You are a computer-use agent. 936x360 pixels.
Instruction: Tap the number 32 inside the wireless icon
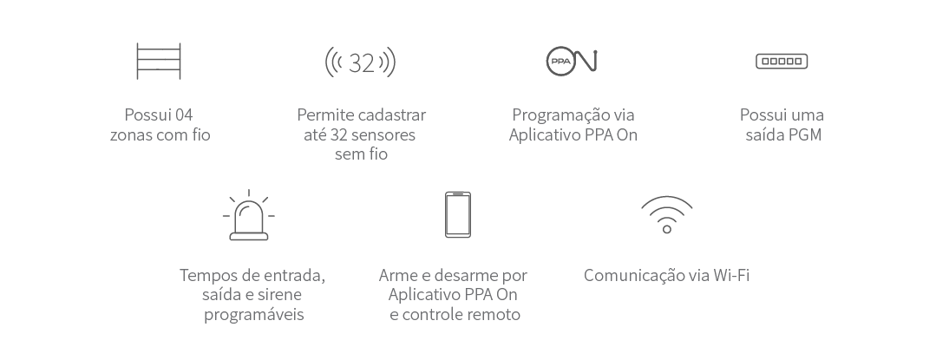pyautogui.click(x=361, y=62)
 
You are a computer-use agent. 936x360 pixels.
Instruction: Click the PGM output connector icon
pyautogui.click(x=782, y=62)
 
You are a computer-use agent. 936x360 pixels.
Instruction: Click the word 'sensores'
pyautogui.click(x=386, y=135)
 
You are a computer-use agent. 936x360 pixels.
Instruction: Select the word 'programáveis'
pyautogui.click(x=254, y=315)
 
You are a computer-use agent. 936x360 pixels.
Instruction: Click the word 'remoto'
pyautogui.click(x=494, y=315)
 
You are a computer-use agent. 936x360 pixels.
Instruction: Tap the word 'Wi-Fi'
pyautogui.click(x=730, y=276)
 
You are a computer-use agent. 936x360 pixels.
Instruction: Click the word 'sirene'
pyautogui.click(x=276, y=295)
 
